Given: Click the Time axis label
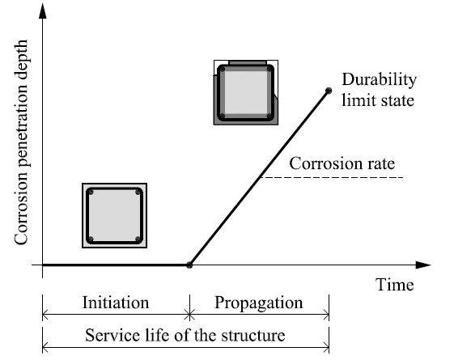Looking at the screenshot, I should tap(394, 285).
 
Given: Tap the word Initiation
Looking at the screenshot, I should tap(116, 303).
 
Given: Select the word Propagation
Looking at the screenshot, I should tap(259, 303).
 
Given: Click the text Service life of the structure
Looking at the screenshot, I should tap(186, 333).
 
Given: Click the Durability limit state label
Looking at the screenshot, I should tap(378, 90).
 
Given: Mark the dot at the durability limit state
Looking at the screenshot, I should tap(329, 90).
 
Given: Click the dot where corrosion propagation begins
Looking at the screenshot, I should tap(189, 265).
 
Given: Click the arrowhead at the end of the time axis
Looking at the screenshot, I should tap(422, 265).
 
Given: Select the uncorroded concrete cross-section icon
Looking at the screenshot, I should tap(115, 214).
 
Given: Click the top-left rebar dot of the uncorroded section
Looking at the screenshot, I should tap(92, 193).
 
